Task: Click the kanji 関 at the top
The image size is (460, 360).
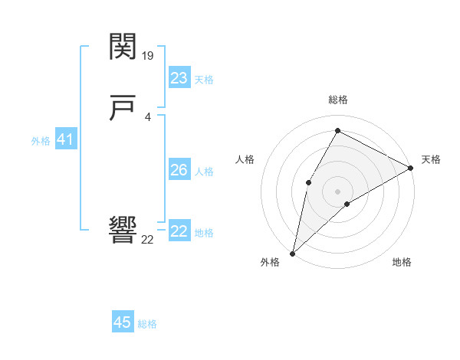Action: click(123, 47)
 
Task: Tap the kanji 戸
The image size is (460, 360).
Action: click(123, 110)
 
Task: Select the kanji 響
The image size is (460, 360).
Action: click(123, 230)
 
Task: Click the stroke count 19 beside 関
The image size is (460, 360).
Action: click(148, 56)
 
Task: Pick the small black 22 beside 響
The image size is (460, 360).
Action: click(147, 240)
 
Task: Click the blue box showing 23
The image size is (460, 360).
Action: click(179, 78)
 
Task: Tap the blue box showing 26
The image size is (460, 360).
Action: click(179, 170)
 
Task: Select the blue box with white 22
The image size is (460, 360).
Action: click(179, 231)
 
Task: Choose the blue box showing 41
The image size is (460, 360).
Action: click(65, 140)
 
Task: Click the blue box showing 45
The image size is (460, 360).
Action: click(123, 322)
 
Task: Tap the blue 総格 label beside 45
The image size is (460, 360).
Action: click(147, 324)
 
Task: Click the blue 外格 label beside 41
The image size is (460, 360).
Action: click(41, 141)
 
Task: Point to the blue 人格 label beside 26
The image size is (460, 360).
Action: click(204, 172)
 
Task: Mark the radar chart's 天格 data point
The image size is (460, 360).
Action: click(411, 169)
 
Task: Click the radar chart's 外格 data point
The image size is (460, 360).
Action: click(292, 253)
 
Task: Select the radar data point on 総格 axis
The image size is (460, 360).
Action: click(337, 130)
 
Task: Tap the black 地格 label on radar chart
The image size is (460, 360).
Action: click(402, 263)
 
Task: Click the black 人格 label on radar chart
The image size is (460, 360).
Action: click(245, 159)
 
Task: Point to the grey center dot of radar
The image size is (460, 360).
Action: click(337, 191)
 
